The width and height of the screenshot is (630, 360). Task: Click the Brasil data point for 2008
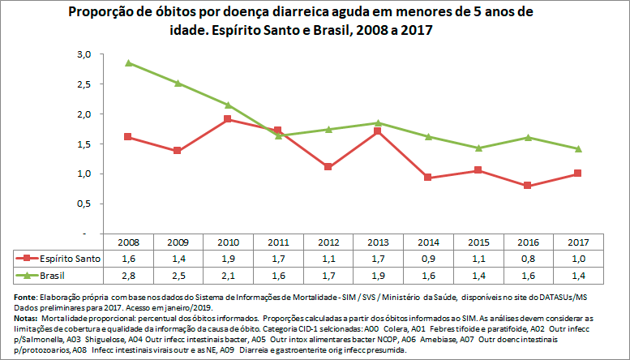pos(129,62)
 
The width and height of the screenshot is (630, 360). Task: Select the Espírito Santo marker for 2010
pos(228,119)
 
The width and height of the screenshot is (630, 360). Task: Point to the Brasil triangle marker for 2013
pos(377,123)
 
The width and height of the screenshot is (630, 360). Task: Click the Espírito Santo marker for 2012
pos(328,167)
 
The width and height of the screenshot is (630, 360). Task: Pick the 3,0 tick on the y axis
pos(84,54)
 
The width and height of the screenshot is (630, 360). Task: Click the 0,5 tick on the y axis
pos(84,204)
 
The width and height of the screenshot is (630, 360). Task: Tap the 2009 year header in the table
pos(178,242)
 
